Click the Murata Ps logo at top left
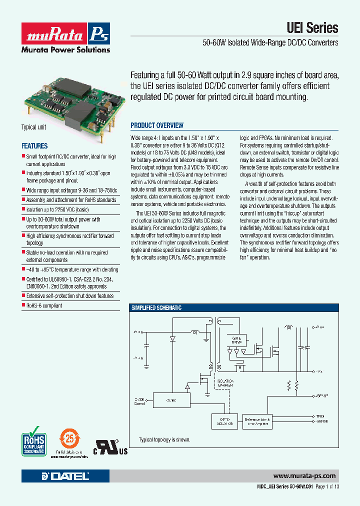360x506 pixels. [65, 33]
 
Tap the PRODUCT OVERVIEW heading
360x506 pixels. [157, 125]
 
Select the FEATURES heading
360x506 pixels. [34, 146]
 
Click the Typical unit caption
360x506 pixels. [33, 127]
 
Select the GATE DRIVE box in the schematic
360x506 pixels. [236, 340]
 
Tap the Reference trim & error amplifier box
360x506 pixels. [257, 421]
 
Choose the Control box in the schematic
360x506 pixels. [170, 400]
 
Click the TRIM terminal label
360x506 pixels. [320, 416]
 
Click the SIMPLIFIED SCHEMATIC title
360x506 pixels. [156, 308]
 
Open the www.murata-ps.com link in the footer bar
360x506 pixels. [305, 476]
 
